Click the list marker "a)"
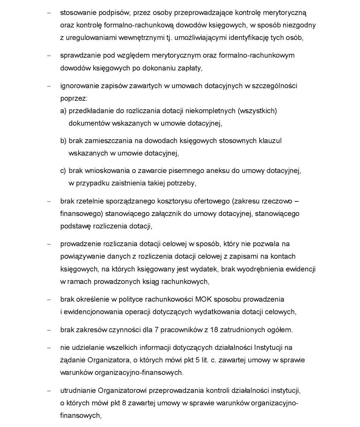pyautogui.click(x=63, y=111)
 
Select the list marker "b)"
pyautogui.click(x=63, y=141)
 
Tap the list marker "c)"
pyautogui.click(x=63, y=170)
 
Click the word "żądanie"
pyautogui.click(x=73, y=360)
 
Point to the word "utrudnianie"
pyautogui.click(x=78, y=390)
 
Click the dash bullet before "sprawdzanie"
pyautogui.click(x=49, y=56)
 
